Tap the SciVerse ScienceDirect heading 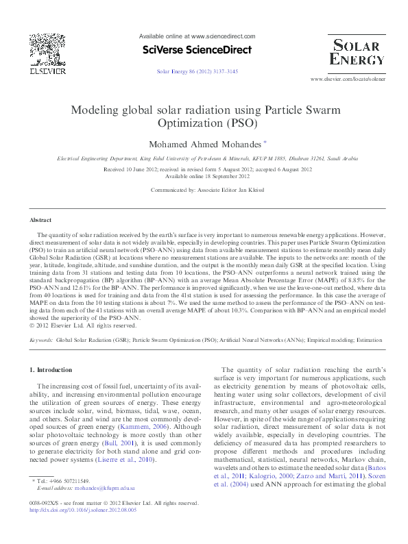196,50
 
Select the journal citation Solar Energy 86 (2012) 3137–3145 197,71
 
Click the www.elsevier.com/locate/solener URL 348,80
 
